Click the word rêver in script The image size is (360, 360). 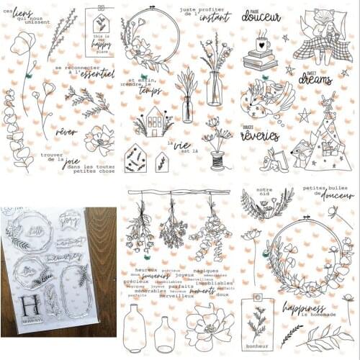66,132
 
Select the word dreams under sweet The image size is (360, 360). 315,79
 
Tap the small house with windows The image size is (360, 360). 153,120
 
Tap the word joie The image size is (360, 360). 71,162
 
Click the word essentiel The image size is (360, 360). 96,73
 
